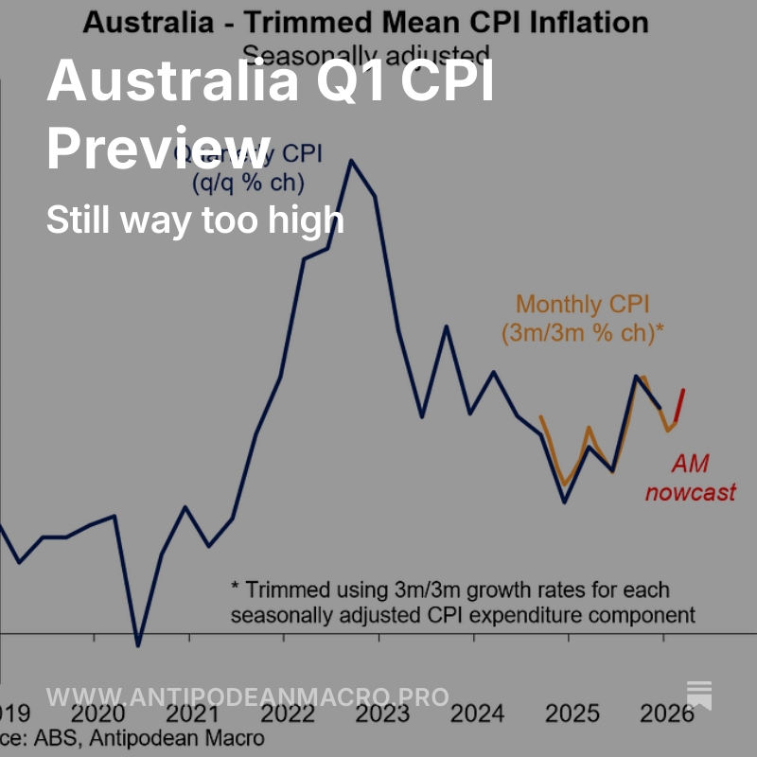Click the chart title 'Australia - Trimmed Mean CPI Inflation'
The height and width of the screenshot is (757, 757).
click(x=365, y=22)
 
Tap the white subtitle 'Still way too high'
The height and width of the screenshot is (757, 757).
click(x=195, y=220)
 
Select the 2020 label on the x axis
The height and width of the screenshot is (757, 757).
click(x=95, y=714)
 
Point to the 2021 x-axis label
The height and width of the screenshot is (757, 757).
click(x=189, y=714)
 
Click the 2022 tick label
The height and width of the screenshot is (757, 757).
click(x=285, y=714)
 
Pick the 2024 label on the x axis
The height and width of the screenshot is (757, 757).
click(x=477, y=714)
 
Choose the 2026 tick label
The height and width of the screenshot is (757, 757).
click(x=664, y=714)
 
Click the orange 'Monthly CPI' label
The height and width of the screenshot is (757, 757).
click(x=572, y=305)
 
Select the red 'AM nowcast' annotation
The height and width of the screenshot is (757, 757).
click(x=690, y=478)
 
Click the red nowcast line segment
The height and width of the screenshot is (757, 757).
click(x=679, y=405)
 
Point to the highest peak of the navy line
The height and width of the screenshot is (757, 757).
click(x=351, y=160)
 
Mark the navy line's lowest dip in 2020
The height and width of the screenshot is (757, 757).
click(x=138, y=646)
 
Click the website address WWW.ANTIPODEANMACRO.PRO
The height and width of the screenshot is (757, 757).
click(x=247, y=697)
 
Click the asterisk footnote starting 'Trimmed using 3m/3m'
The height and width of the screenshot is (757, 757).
click(x=463, y=602)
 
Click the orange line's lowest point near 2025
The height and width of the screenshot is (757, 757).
click(x=565, y=484)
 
